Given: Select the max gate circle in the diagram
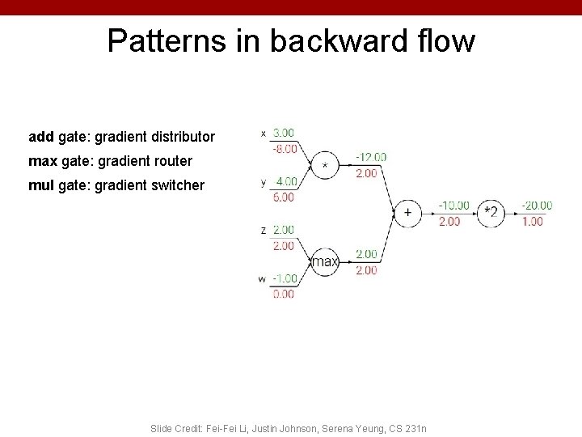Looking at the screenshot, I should (325, 261).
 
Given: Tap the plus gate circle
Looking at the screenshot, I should (407, 213).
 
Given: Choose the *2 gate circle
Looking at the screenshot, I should (491, 213).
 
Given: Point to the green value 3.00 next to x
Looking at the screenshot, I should (284, 133).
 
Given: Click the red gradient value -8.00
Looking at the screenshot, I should (283, 148).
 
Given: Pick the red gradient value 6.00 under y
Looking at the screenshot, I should (284, 197).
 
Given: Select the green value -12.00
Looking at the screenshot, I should (371, 157).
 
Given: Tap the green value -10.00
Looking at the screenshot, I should (453, 206).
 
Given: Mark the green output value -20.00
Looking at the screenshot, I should (537, 206).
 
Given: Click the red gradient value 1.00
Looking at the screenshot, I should (533, 221).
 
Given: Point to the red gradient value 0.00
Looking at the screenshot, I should (284, 294).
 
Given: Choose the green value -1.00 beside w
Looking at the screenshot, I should (283, 278).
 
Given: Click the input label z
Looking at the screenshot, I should (264, 231).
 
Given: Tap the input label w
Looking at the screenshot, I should (262, 279).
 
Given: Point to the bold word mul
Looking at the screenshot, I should (41, 185).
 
